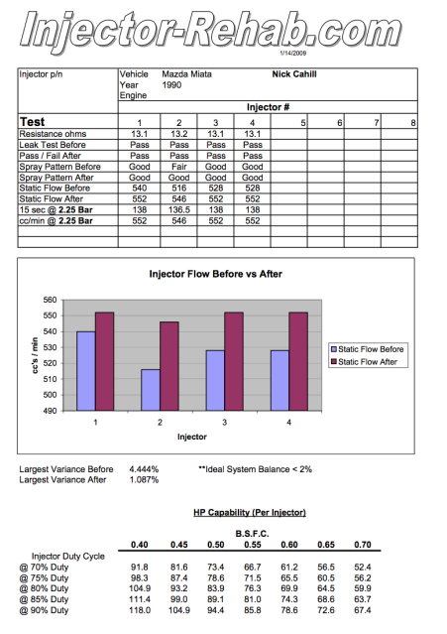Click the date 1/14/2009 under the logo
pyautogui.click(x=295, y=52)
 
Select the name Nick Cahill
pyautogui.click(x=294, y=73)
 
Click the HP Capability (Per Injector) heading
pyautogui.click(x=249, y=512)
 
